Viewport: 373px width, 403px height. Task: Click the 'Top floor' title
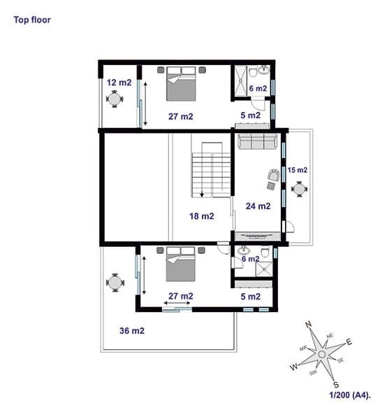[x=32, y=20]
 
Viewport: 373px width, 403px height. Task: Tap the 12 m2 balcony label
[x=119, y=83]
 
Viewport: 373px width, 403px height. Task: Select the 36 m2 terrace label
[x=132, y=330]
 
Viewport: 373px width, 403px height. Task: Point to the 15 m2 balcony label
[x=298, y=170]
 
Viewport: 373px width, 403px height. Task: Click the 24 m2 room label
[x=258, y=206]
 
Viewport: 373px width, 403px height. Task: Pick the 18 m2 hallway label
[x=202, y=216]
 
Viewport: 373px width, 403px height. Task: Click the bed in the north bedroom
[x=181, y=84]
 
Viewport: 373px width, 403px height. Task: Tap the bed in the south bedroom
[x=180, y=264]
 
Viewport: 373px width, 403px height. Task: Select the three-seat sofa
[x=258, y=141]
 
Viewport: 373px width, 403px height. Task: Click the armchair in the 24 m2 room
[x=274, y=176]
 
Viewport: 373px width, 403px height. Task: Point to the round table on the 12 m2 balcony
[x=115, y=99]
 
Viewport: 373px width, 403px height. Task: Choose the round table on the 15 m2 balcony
[x=299, y=189]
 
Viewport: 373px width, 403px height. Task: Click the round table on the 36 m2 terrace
[x=115, y=283]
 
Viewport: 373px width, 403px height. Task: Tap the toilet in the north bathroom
[x=253, y=71]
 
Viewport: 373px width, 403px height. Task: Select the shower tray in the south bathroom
[x=264, y=269]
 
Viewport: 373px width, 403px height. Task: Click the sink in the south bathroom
[x=242, y=250]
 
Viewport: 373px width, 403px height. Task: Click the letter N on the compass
[x=308, y=325]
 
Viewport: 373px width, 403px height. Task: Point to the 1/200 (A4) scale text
[x=351, y=395]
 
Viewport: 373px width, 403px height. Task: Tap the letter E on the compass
[x=349, y=342]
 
